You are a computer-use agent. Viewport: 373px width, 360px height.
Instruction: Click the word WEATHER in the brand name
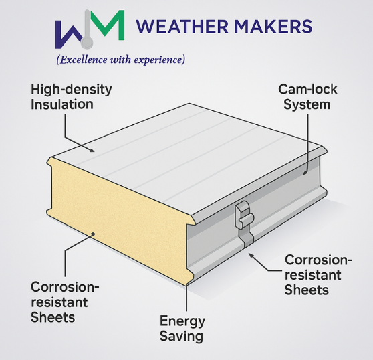click(182, 26)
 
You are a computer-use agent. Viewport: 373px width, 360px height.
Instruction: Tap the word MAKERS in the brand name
click(273, 26)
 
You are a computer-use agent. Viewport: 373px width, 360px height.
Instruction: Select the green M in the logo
click(108, 25)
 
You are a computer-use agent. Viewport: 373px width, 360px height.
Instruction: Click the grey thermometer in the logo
click(87, 29)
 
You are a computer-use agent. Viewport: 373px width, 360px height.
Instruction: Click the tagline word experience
click(157, 60)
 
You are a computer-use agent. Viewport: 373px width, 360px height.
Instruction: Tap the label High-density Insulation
click(71, 97)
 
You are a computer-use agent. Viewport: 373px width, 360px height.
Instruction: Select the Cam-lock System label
click(307, 97)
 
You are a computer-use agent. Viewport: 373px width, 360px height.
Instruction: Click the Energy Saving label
click(182, 329)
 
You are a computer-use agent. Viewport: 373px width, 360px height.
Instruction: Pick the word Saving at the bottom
click(181, 336)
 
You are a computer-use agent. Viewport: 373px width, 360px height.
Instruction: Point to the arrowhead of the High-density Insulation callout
click(92, 149)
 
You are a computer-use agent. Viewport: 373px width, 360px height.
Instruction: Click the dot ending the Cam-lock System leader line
click(305, 173)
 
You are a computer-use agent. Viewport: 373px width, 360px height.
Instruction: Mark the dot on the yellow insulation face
click(93, 234)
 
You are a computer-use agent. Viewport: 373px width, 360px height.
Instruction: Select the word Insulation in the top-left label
click(62, 104)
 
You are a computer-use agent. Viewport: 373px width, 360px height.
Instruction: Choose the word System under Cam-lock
click(307, 105)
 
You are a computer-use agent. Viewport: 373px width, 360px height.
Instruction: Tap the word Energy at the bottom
click(182, 321)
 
